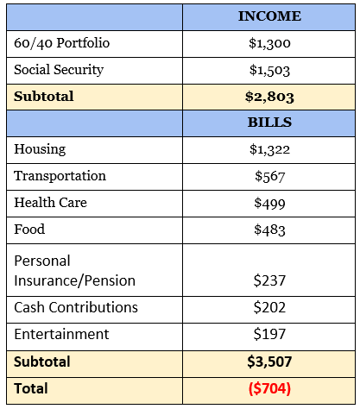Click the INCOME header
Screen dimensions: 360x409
[x=269, y=16]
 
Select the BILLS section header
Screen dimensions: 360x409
[x=269, y=123]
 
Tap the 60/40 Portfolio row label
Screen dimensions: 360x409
[x=62, y=43]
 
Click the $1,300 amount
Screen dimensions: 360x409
[x=269, y=43]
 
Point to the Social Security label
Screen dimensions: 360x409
[x=59, y=70]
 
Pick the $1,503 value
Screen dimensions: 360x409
[x=269, y=70]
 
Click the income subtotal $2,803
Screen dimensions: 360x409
[x=269, y=97]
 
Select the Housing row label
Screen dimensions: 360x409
[x=40, y=149]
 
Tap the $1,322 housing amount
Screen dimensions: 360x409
[x=269, y=149]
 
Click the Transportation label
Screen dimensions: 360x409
[x=60, y=176]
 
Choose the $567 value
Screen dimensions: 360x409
[x=269, y=176]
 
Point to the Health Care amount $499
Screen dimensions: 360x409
[x=269, y=203]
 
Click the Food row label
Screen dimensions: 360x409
[x=29, y=230]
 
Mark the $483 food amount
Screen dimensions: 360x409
[x=269, y=230]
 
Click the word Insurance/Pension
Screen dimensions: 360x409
[x=75, y=280]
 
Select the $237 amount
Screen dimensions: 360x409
[x=269, y=280]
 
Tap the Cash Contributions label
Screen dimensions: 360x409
[x=76, y=307]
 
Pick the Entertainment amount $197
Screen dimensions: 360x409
[x=269, y=334]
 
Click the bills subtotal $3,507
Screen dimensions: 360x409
[x=269, y=362]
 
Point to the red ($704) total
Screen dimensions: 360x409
[x=269, y=388]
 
